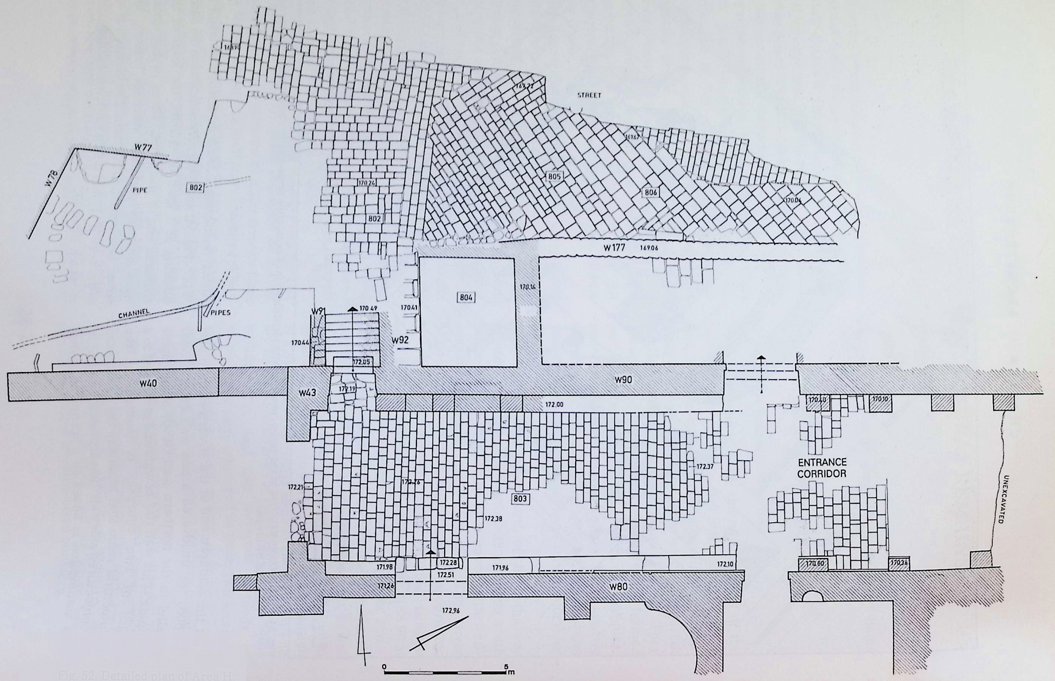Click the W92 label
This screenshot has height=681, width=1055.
400,340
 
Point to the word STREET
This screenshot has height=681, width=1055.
589,95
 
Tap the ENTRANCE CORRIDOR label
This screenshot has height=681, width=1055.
822,467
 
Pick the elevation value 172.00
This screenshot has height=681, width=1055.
553,405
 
